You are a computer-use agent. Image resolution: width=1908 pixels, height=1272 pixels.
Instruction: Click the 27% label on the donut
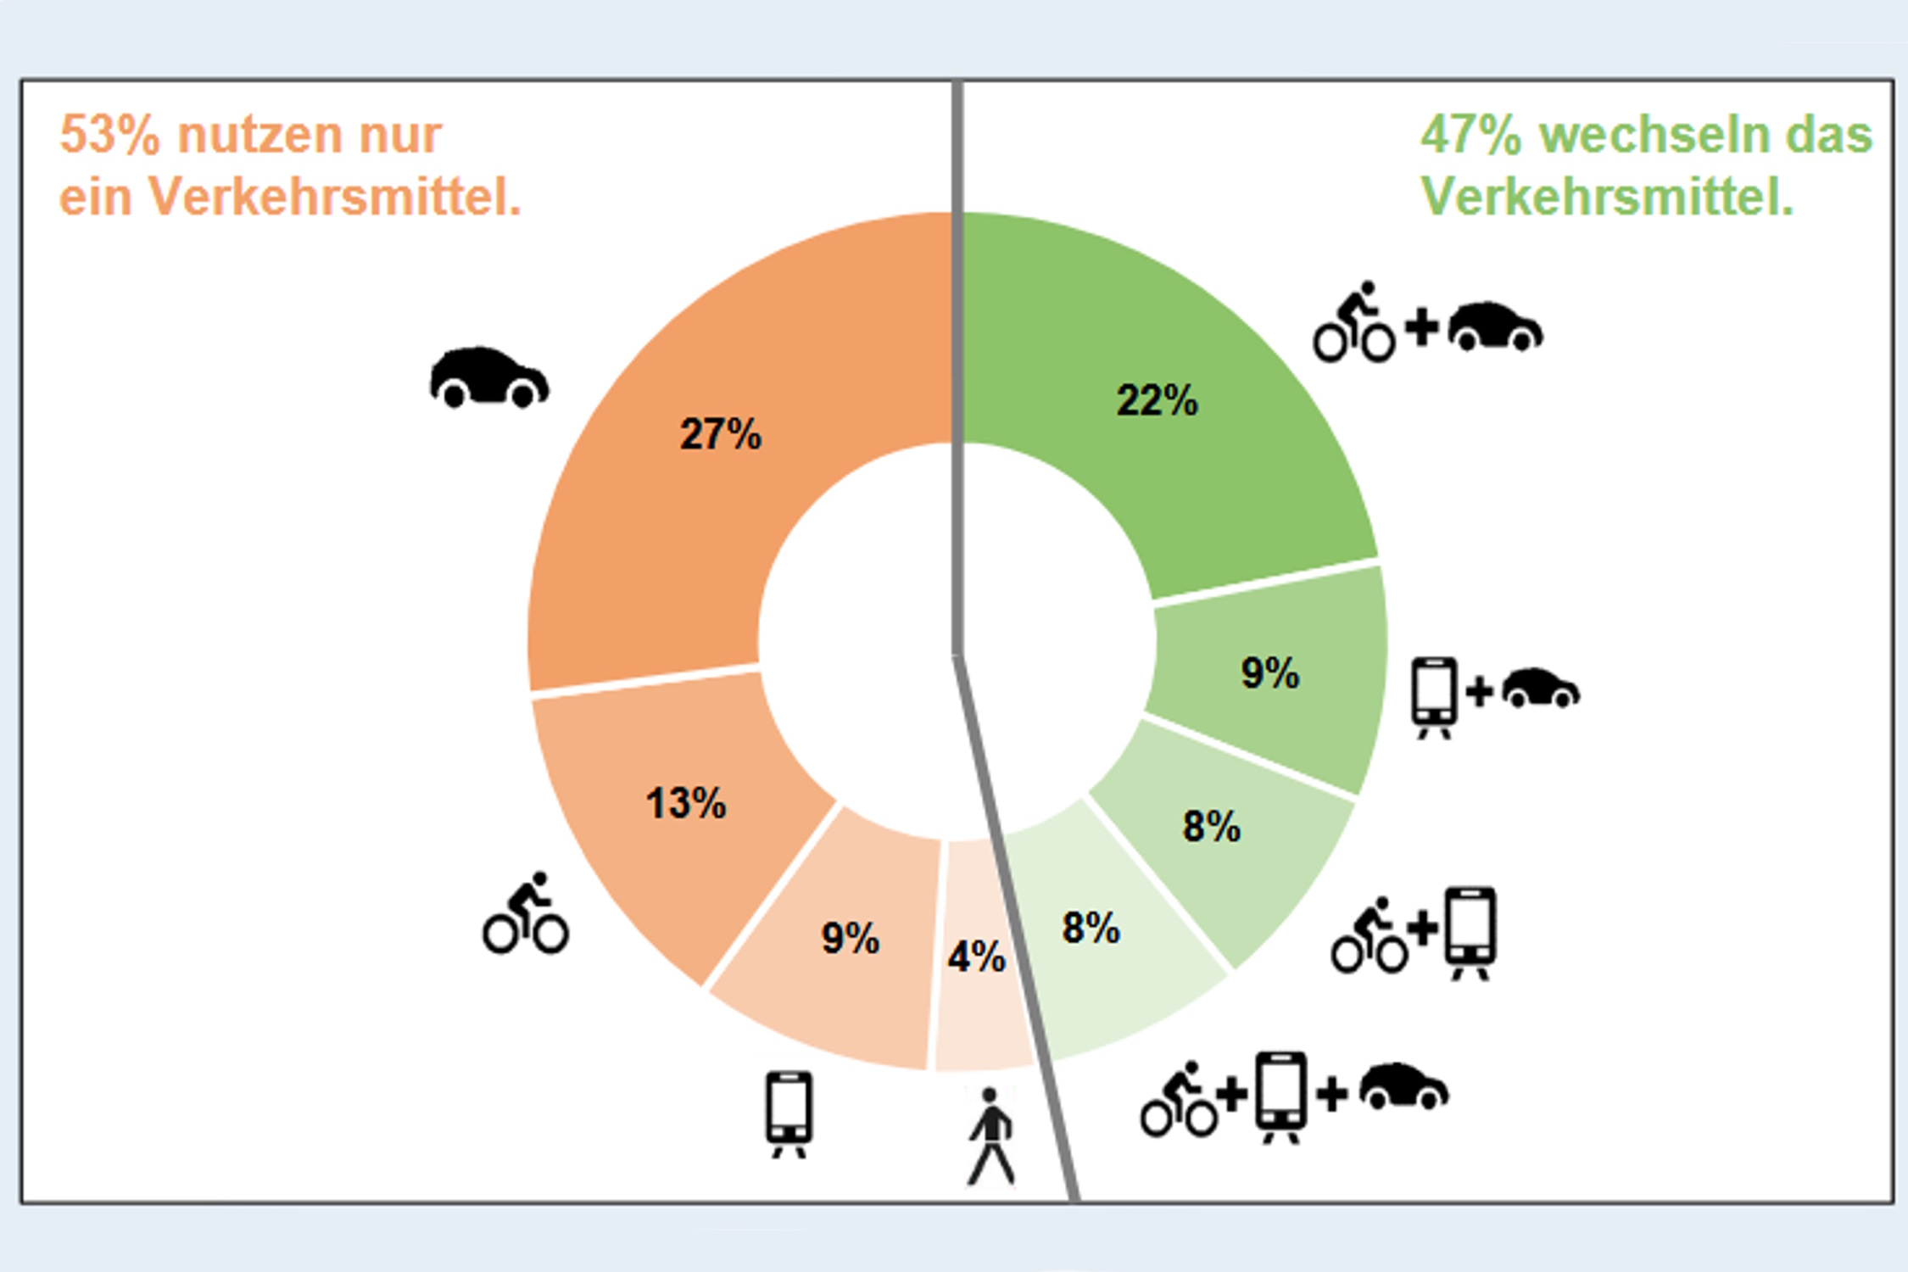pos(721,434)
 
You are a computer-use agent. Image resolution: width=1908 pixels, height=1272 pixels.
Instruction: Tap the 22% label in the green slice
pos(1157,400)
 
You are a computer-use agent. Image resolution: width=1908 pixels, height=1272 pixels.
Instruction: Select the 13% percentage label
pos(686,802)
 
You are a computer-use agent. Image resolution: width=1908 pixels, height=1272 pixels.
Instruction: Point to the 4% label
pos(976,957)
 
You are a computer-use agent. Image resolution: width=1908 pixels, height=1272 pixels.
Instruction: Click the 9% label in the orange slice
pos(850,938)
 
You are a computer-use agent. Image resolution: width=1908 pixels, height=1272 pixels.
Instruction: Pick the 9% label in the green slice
pos(1269,672)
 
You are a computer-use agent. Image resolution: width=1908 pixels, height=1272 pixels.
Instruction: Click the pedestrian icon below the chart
pos(991,1136)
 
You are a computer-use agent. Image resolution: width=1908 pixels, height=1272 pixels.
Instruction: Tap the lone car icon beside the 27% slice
pos(489,377)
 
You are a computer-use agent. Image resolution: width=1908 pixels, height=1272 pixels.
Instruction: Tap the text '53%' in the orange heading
pos(109,136)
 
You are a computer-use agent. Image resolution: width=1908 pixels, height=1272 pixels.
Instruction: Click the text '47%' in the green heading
pos(1471,136)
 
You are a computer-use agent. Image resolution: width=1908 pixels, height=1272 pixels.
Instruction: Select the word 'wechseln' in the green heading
pos(1654,136)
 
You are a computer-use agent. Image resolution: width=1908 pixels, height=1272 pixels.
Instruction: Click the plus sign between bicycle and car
pos(1422,327)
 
